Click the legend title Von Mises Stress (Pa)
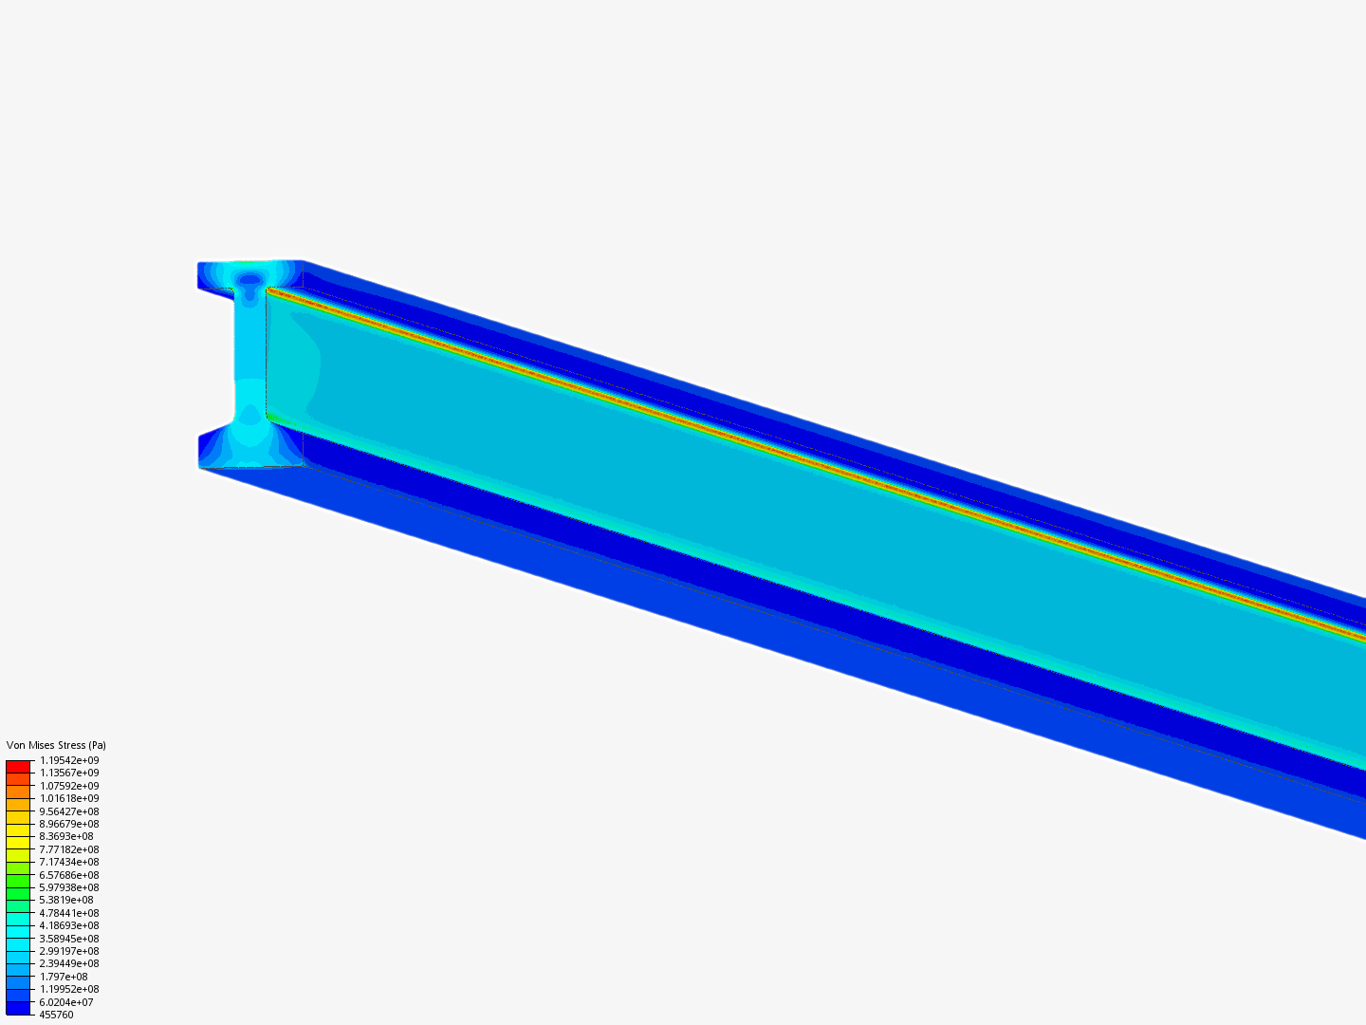tap(56, 745)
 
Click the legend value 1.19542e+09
tap(69, 760)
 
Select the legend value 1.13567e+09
tap(69, 773)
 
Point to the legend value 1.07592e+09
tap(69, 786)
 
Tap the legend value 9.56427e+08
tap(69, 811)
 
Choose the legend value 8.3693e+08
tap(66, 836)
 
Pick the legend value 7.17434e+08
tap(69, 862)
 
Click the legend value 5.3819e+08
tap(66, 900)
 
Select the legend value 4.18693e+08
tap(69, 925)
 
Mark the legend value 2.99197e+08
tap(69, 951)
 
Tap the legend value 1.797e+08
tap(64, 977)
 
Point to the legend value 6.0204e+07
tap(66, 1002)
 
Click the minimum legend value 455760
tap(56, 1015)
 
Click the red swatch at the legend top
tap(18, 766)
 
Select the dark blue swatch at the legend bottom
tap(18, 1008)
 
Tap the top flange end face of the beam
tap(249, 274)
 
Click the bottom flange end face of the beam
tap(249, 450)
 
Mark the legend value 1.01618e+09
tap(69, 798)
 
